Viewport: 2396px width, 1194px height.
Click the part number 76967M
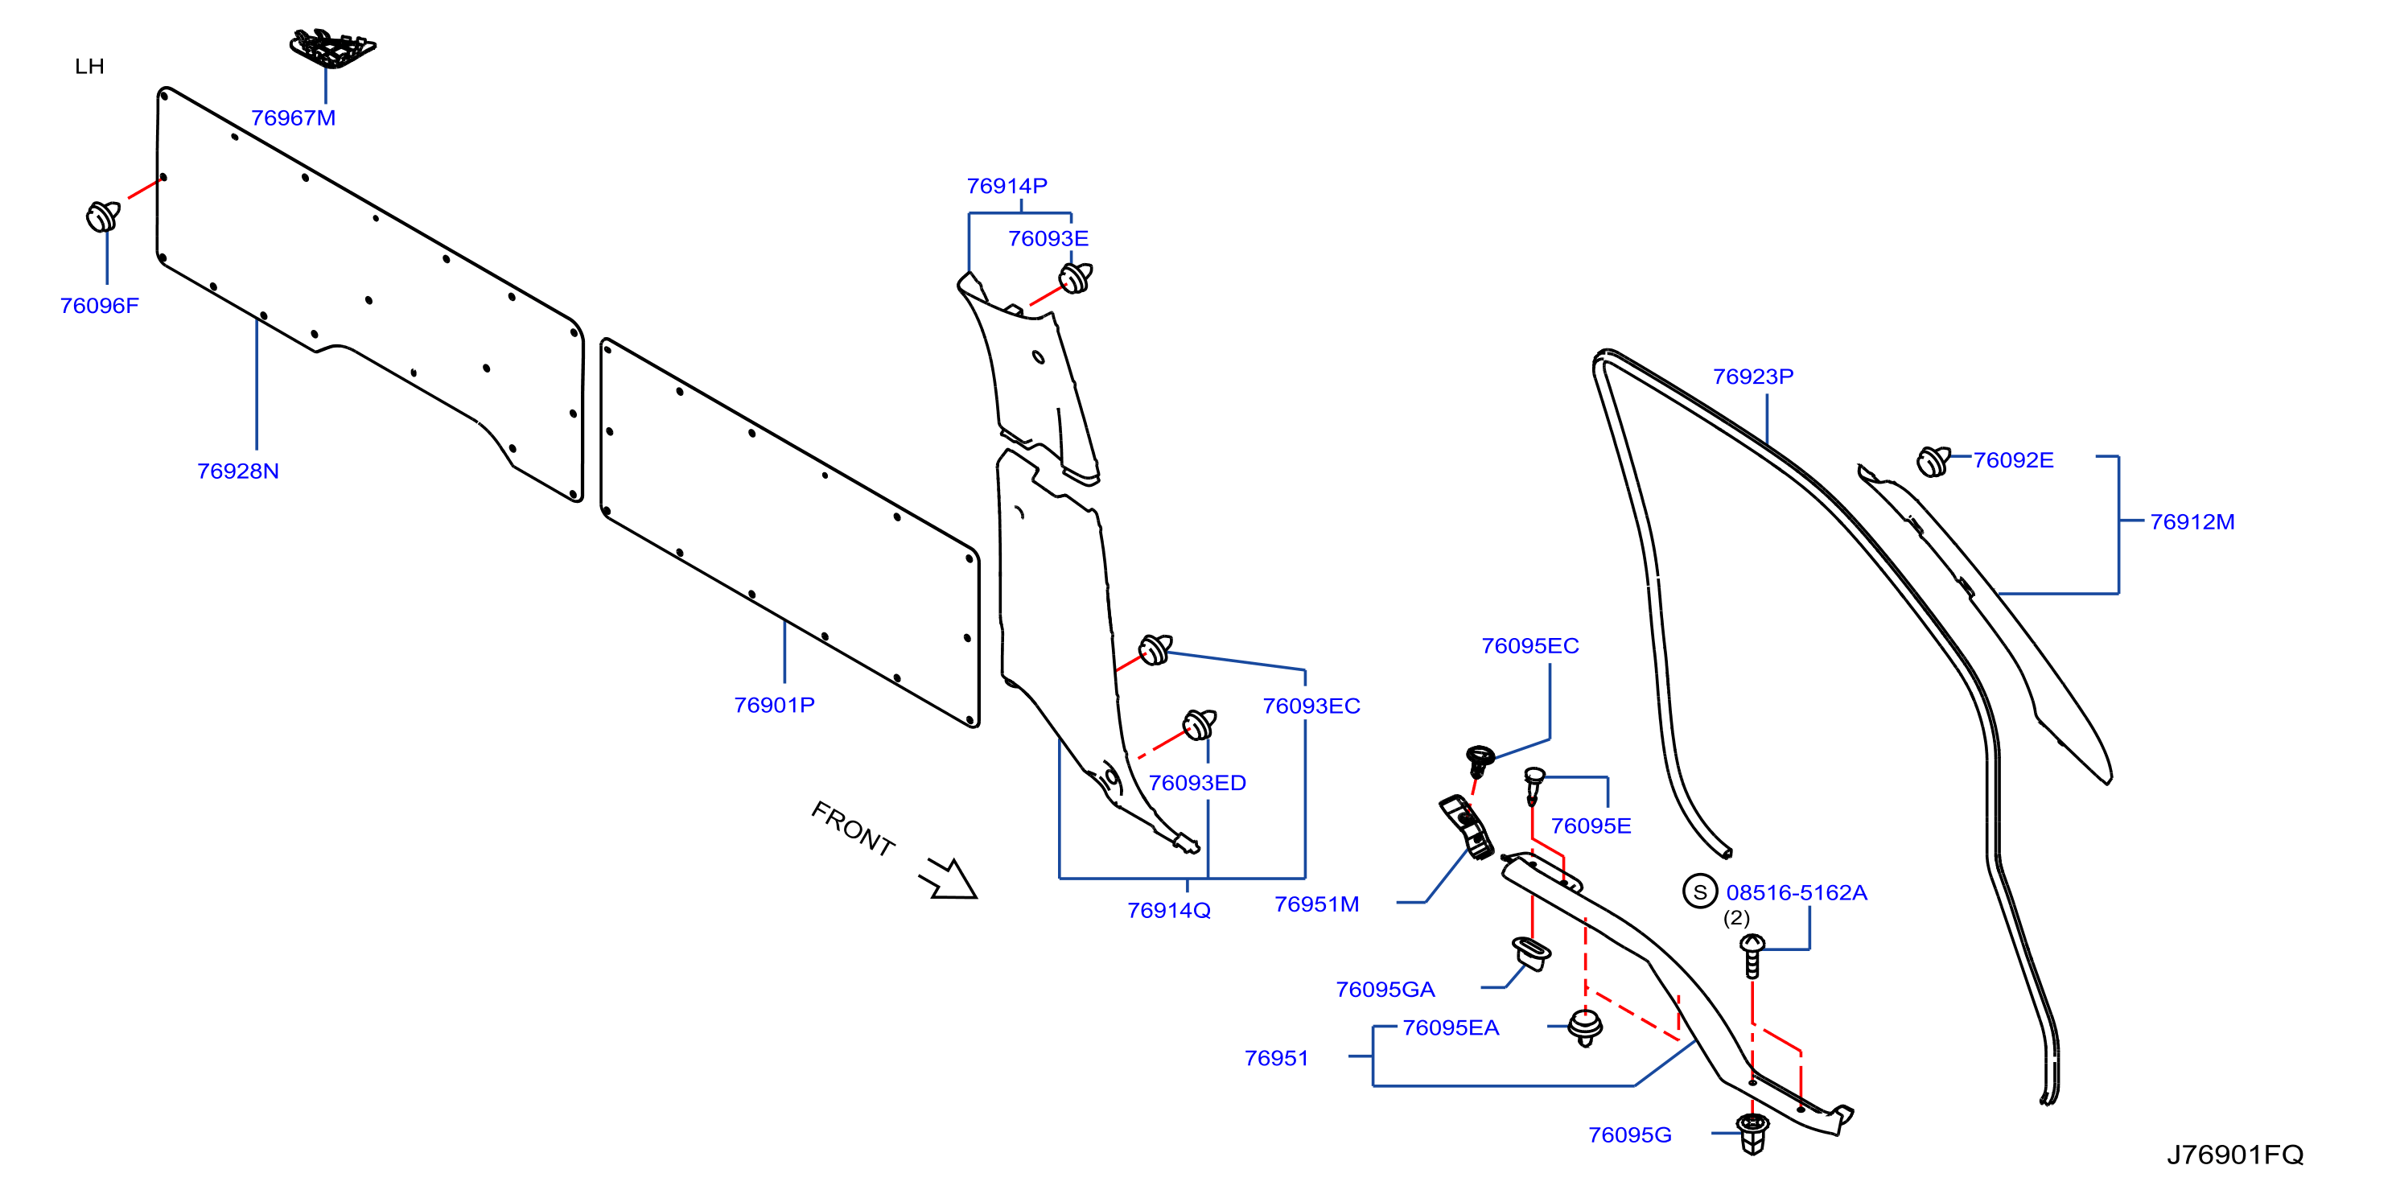click(x=293, y=118)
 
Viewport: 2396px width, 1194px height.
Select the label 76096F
click(x=100, y=306)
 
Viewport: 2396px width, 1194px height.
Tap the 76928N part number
click(x=238, y=471)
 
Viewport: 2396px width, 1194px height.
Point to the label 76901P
click(x=774, y=705)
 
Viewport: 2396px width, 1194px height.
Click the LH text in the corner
click(x=89, y=67)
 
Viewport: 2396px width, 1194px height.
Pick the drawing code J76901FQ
click(x=2234, y=1154)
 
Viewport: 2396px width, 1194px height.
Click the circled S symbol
click(x=1700, y=891)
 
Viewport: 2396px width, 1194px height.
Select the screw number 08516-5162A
click(x=1796, y=893)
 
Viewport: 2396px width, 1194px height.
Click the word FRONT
click(x=853, y=829)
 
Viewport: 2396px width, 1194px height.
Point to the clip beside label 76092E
click(x=1933, y=461)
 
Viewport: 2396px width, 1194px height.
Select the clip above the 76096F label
click(x=103, y=216)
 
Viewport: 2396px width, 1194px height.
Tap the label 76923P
click(x=1753, y=377)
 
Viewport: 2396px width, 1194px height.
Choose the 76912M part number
click(x=2192, y=521)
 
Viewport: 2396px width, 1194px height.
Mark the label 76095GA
click(x=1385, y=990)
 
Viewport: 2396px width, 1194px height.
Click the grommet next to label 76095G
click(x=1752, y=1134)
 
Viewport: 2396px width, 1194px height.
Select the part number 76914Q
click(x=1169, y=910)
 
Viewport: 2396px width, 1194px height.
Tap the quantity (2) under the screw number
click(x=1736, y=918)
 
